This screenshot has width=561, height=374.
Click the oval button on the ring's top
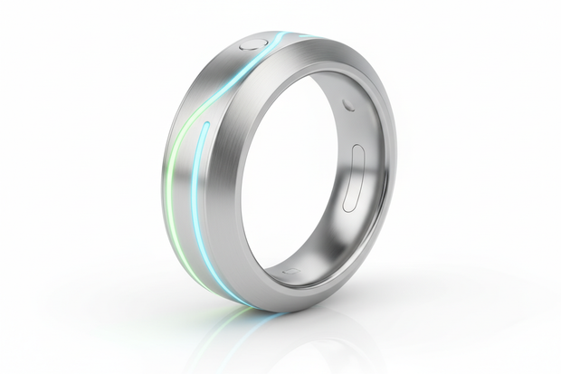pyautogui.click(x=252, y=43)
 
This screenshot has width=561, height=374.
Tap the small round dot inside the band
pyautogui.click(x=348, y=105)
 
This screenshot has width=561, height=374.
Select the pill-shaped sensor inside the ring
pyautogui.click(x=354, y=177)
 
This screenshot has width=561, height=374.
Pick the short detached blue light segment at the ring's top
pyautogui.click(x=308, y=36)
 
